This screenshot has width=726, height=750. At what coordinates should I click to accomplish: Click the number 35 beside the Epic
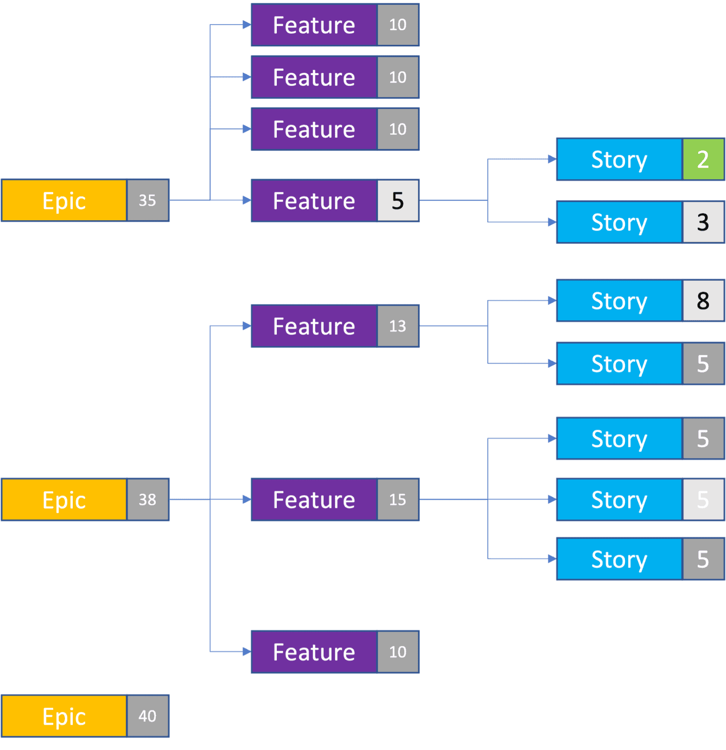(x=147, y=200)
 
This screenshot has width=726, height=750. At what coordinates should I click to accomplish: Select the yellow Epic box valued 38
(x=64, y=500)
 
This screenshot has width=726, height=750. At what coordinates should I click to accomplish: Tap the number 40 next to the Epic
(x=147, y=716)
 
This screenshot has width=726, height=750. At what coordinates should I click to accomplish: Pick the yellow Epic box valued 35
(x=64, y=200)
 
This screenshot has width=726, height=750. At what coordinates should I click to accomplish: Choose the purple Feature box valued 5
(x=314, y=201)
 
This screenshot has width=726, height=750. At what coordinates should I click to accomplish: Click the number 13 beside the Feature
(x=397, y=326)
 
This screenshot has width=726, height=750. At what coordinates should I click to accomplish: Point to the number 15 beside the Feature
(x=397, y=500)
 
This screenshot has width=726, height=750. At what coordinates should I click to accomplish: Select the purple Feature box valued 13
(x=314, y=326)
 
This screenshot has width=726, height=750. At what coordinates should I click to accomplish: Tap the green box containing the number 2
(x=703, y=159)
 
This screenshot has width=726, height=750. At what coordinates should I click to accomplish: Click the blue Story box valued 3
(x=619, y=222)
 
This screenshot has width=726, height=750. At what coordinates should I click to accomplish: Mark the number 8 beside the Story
(x=703, y=300)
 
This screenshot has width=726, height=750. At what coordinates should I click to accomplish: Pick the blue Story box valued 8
(x=619, y=300)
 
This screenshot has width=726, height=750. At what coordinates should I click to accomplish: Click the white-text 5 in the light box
(x=703, y=500)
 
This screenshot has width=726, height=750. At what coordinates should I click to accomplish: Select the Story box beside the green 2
(x=619, y=159)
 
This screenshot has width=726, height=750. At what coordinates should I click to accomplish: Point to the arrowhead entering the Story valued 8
(x=552, y=300)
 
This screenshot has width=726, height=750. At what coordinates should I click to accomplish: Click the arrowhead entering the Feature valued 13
(x=247, y=326)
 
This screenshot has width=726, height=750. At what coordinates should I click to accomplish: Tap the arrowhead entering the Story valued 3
(x=552, y=222)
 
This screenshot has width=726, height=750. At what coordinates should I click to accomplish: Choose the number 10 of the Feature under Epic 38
(x=397, y=652)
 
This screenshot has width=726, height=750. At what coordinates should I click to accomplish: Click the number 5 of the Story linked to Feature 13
(x=703, y=364)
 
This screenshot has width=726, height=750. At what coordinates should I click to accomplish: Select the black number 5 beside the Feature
(x=397, y=201)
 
